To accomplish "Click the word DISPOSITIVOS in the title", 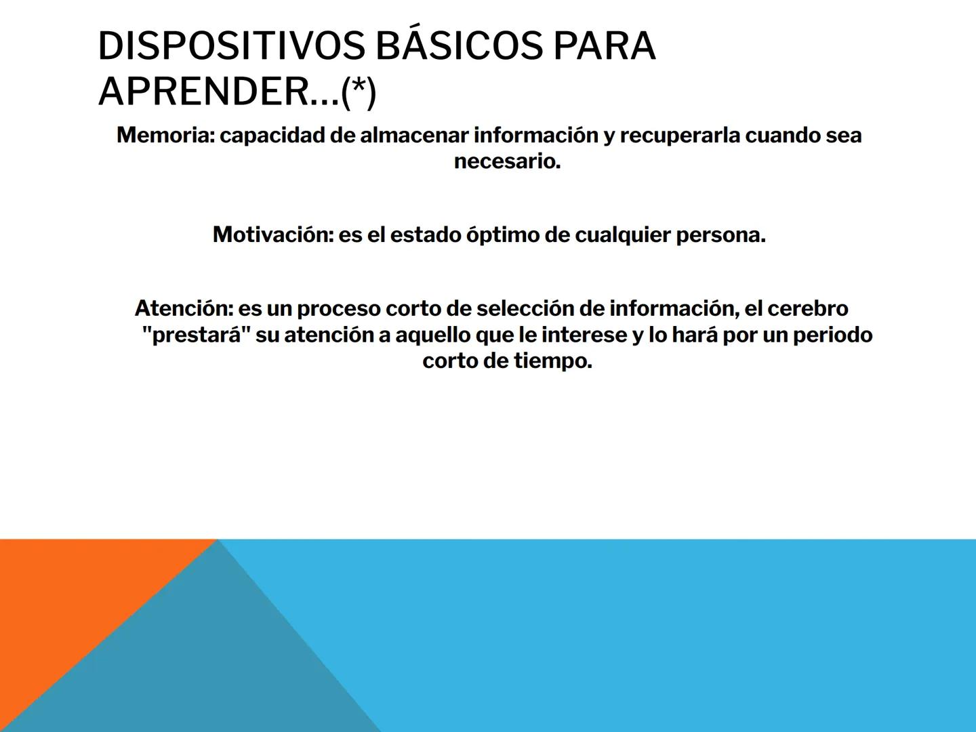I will click(x=231, y=46).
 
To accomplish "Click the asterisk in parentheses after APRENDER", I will click(x=359, y=91).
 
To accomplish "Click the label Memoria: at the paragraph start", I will click(x=165, y=135).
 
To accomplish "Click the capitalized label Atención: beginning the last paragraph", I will click(x=184, y=308).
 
